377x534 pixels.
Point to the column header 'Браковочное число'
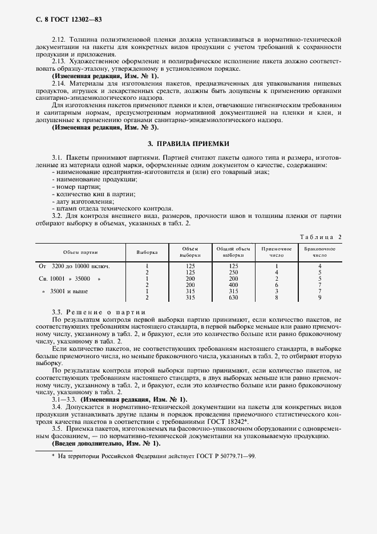coord(320,252)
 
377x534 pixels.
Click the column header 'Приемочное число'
coord(276,252)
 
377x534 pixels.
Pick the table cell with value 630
coord(233,297)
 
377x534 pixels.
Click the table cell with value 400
coord(233,285)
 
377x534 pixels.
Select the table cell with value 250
coord(233,272)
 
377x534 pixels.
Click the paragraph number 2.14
coord(58,83)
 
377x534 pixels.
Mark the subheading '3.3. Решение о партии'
coord(99,311)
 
